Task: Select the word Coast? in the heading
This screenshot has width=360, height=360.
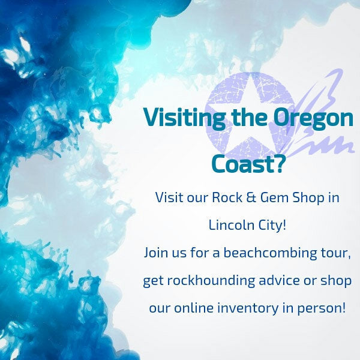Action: pyautogui.click(x=247, y=164)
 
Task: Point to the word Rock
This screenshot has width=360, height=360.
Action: pyautogui.click(x=227, y=197)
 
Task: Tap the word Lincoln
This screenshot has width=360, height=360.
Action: pyautogui.click(x=231, y=225)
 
